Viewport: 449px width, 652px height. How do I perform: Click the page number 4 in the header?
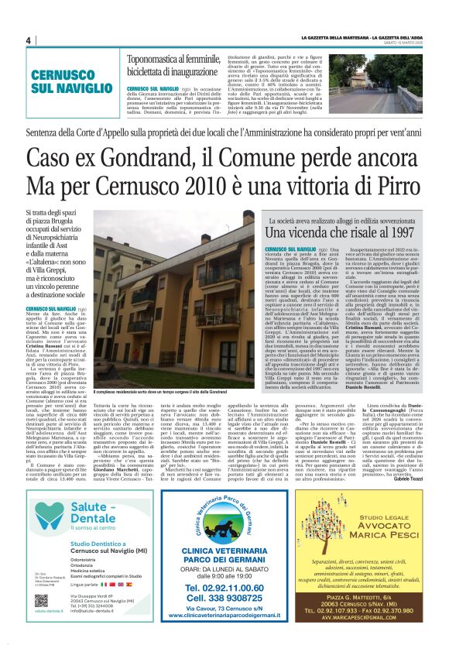(x=28, y=41)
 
